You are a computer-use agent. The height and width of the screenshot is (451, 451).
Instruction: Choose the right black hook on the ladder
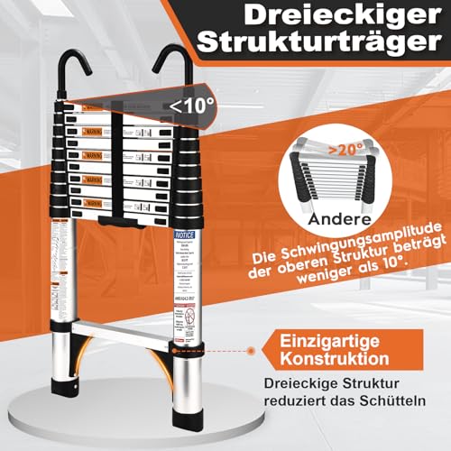pyautogui.click(x=170, y=68)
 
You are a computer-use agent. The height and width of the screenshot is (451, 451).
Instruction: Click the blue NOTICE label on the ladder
pyautogui.click(x=180, y=234)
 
